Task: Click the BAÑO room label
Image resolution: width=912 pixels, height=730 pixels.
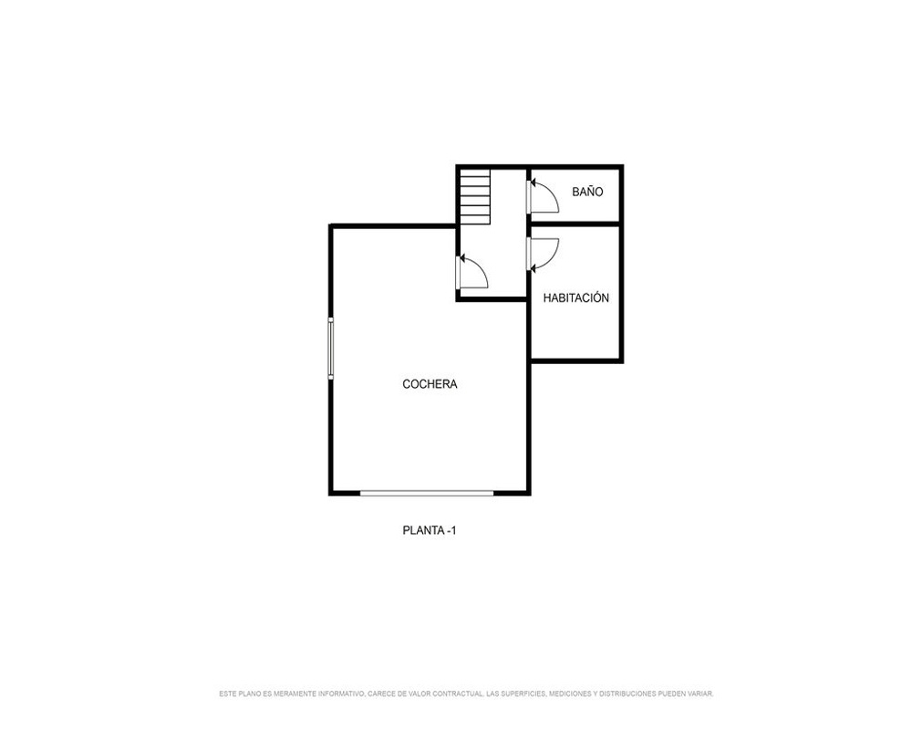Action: pyautogui.click(x=587, y=192)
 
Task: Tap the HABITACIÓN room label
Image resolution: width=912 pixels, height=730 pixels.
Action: pyautogui.click(x=575, y=297)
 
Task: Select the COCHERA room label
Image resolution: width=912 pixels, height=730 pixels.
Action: pyautogui.click(x=430, y=383)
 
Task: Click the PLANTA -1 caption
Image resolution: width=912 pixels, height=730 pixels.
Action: pyautogui.click(x=430, y=530)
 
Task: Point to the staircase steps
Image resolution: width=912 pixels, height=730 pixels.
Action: pyautogui.click(x=475, y=196)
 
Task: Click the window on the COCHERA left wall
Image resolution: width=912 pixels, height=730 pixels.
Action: pyautogui.click(x=330, y=348)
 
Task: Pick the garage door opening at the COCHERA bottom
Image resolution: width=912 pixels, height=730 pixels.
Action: pyautogui.click(x=427, y=493)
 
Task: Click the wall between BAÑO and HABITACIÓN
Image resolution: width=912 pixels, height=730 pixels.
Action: pyautogui.click(x=575, y=224)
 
